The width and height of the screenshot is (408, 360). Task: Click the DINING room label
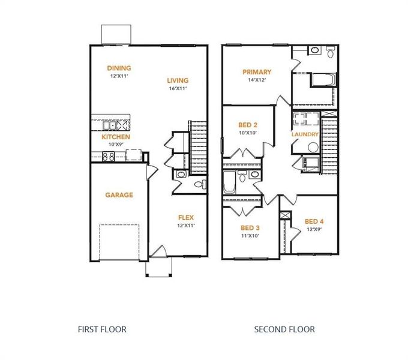(x=119, y=68)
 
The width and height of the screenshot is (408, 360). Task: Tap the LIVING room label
(x=178, y=80)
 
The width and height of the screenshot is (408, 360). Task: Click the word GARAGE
(x=119, y=195)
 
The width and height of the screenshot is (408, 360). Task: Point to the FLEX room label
(x=185, y=217)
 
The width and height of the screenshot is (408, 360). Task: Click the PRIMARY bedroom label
(x=257, y=72)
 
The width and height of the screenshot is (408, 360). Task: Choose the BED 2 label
(x=248, y=125)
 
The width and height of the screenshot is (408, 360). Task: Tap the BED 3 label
(x=250, y=228)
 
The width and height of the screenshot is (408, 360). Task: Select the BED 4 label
(x=314, y=221)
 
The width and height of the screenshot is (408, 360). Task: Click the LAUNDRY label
(x=305, y=134)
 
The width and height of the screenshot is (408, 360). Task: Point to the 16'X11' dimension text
(x=178, y=88)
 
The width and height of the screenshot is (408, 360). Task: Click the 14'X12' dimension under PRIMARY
(x=257, y=80)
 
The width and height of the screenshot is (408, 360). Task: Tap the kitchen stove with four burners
(x=109, y=156)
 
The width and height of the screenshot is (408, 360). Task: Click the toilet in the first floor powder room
(x=200, y=184)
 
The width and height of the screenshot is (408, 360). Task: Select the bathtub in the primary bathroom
(x=323, y=80)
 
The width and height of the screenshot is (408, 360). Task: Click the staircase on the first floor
(x=198, y=144)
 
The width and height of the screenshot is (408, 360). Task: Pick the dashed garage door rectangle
(x=119, y=242)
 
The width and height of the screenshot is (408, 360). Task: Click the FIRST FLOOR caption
(x=102, y=329)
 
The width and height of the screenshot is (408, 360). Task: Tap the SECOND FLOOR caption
(x=284, y=329)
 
